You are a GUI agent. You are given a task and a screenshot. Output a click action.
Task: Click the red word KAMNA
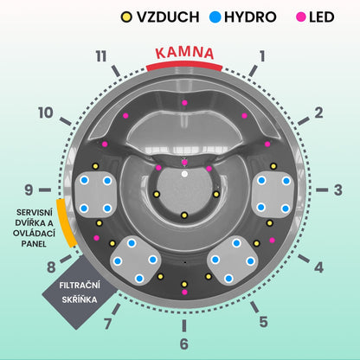click(184, 53)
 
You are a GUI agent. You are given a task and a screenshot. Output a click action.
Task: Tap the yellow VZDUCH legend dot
click(126, 17)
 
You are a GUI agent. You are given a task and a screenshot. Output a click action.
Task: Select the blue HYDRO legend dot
click(215, 17)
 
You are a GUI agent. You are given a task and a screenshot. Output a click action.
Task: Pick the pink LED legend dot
click(301, 17)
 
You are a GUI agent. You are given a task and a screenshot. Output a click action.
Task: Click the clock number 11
click(101, 56)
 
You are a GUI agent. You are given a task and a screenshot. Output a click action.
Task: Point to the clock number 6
click(184, 344)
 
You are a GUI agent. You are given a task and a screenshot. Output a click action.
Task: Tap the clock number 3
click(337, 190)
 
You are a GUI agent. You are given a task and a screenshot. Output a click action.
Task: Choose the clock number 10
click(46, 112)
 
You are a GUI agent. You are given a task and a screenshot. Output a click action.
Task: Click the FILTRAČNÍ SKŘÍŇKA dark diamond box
click(80, 292)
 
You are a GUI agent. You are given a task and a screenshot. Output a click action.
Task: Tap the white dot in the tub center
click(184, 174)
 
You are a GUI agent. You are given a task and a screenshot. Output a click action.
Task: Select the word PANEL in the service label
click(34, 244)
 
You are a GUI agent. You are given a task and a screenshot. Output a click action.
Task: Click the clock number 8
click(51, 267)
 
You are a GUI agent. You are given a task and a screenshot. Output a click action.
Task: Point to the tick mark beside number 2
click(304, 121)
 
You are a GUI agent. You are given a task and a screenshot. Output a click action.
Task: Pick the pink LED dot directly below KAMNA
click(184, 103)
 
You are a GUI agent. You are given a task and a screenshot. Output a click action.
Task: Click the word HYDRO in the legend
click(250, 17)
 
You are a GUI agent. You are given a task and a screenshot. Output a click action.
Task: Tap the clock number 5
click(263, 322)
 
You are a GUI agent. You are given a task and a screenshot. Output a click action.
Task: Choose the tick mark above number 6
click(184, 325)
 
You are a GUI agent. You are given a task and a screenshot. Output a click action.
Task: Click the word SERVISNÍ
click(35, 212)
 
